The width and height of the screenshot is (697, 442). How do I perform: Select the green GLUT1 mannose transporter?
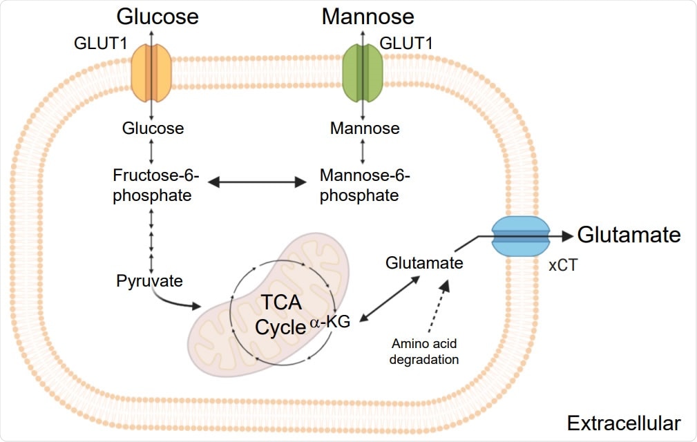point(363,71)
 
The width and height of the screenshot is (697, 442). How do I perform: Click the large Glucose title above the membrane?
point(157,16)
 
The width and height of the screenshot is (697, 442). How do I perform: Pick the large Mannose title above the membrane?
point(367,16)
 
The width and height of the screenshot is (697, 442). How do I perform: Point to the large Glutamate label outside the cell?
point(629,235)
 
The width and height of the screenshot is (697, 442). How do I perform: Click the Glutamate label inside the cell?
point(424,262)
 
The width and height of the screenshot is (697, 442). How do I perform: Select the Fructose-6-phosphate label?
point(153,185)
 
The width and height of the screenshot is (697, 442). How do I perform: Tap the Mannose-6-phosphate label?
point(365,185)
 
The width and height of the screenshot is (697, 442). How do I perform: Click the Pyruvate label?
point(149,281)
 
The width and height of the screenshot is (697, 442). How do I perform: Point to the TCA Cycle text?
point(280,315)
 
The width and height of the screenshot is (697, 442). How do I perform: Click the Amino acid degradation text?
point(425,351)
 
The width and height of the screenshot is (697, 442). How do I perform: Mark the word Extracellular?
point(623,423)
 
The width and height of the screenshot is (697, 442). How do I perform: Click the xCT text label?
point(563,266)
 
